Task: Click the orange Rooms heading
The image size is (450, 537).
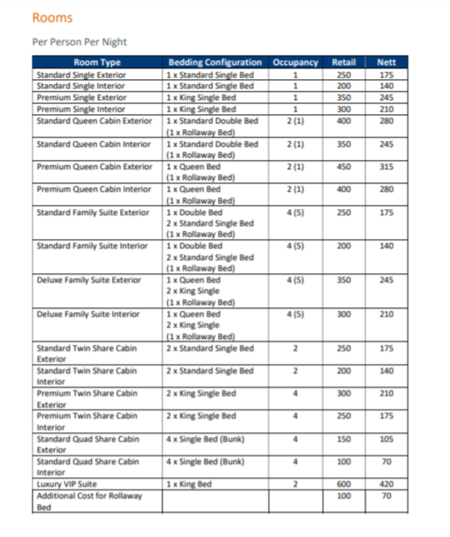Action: click(x=52, y=17)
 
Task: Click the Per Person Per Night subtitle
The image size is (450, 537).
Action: click(x=79, y=42)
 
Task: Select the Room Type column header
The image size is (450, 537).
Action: click(x=97, y=62)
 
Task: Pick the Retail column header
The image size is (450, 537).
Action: click(x=344, y=62)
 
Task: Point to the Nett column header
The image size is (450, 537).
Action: click(x=386, y=62)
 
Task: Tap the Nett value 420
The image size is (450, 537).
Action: click(x=386, y=485)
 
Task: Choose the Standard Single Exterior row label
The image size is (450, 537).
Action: click(x=82, y=75)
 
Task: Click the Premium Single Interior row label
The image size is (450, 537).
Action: click(x=81, y=109)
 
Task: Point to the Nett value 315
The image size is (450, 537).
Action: click(x=386, y=167)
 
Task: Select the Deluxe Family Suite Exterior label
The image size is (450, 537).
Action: click(x=89, y=281)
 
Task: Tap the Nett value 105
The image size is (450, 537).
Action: click(x=386, y=439)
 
